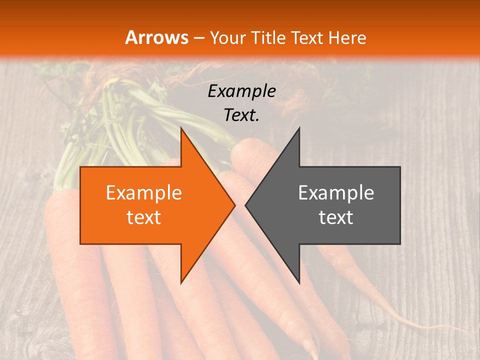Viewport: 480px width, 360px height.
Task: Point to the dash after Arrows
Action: pos(199,38)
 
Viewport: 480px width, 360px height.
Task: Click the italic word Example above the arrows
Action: pos(241,91)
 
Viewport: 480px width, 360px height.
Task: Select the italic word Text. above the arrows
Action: pos(241,115)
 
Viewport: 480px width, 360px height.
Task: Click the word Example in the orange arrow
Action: pos(144,193)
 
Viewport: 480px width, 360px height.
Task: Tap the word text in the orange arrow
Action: pos(144,217)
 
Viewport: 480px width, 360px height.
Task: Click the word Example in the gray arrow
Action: pos(336,193)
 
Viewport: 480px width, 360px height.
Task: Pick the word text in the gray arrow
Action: pos(336,217)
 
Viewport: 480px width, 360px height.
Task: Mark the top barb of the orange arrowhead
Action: pos(182,131)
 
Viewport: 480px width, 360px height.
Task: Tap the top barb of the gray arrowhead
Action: pos(298,131)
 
